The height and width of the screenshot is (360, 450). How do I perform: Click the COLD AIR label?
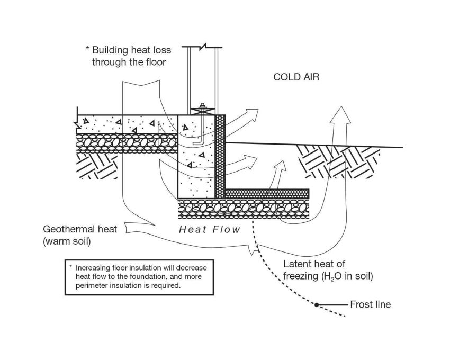pos(296,77)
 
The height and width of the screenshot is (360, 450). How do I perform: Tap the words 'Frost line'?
pos(370,304)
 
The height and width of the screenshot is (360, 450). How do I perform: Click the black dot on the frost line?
pos(317,305)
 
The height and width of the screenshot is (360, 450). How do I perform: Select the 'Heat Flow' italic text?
pos(210,229)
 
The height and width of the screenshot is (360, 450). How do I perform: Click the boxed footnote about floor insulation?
pos(139,276)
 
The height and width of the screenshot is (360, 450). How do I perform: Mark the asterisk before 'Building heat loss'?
pos(87,49)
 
